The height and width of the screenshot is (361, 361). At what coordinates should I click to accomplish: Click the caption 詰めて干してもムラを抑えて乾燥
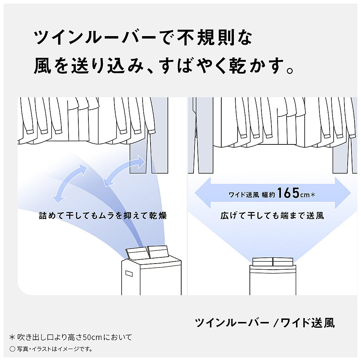pyautogui.click(x=103, y=216)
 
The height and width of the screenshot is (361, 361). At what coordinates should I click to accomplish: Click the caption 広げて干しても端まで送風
pyautogui.click(x=272, y=216)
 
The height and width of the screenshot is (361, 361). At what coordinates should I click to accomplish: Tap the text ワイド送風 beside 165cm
pyautogui.click(x=244, y=195)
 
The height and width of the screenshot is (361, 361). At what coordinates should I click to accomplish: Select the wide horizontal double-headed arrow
pyautogui.click(x=273, y=193)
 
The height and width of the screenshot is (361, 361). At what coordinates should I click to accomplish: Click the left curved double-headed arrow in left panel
pyautogui.click(x=69, y=183)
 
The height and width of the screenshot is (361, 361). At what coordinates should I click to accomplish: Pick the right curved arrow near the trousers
pyautogui.click(x=124, y=170)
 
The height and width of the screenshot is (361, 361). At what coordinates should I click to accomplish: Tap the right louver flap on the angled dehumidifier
pyautogui.click(x=158, y=252)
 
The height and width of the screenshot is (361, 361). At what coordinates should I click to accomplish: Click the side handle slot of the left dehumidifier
pyautogui.click(x=129, y=274)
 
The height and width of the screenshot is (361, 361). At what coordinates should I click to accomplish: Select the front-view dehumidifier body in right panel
pyautogui.click(x=273, y=280)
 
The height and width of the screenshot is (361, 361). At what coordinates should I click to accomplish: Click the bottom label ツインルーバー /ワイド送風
pyautogui.click(x=265, y=322)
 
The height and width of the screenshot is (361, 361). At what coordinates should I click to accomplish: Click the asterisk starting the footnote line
pyautogui.click(x=12, y=338)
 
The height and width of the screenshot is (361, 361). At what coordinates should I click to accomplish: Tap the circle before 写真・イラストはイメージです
pyautogui.click(x=12, y=349)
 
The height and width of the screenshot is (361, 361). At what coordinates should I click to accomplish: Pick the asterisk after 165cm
pyautogui.click(x=312, y=195)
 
